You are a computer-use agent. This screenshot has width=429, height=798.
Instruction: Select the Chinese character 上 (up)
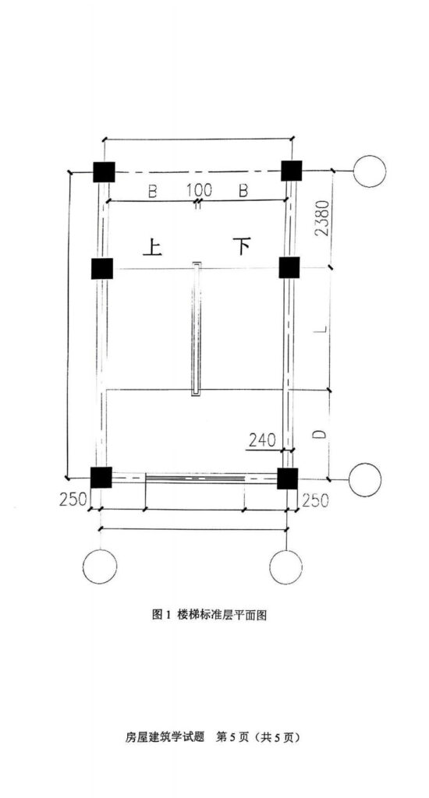(x=152, y=247)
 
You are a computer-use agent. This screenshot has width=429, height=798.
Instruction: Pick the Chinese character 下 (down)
(x=242, y=246)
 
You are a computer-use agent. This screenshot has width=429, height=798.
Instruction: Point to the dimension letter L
(x=320, y=330)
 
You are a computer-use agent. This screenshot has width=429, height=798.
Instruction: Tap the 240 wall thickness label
(x=262, y=440)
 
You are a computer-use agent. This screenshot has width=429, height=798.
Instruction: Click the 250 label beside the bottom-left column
(x=73, y=500)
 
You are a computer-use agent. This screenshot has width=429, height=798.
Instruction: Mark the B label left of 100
(x=152, y=191)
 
